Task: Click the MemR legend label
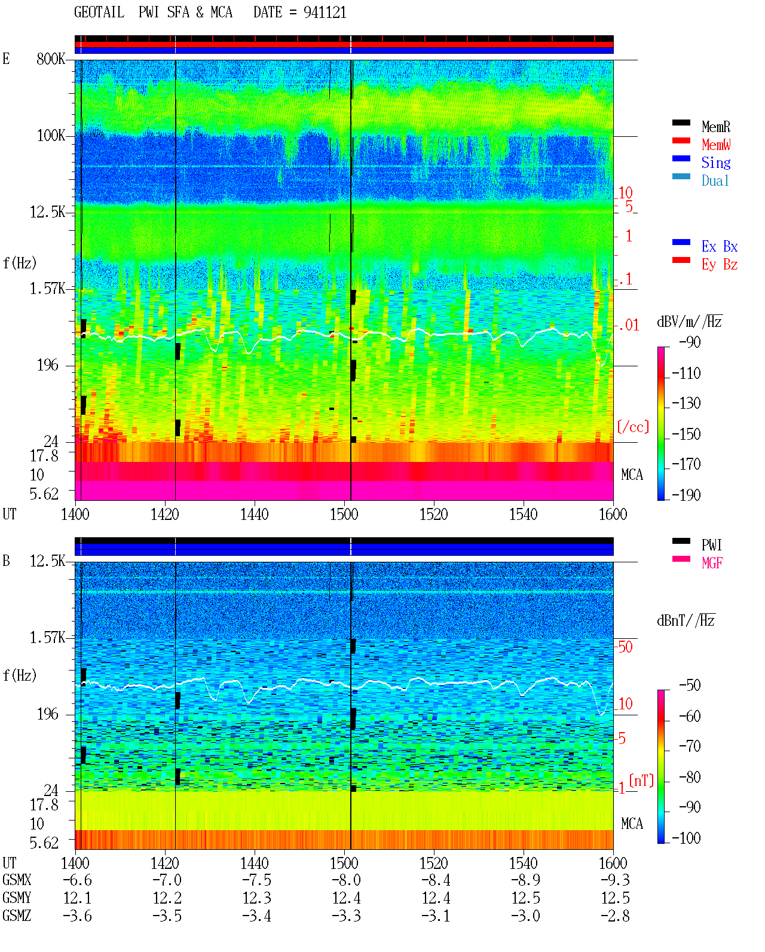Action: pos(715,127)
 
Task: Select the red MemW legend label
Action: pos(716,145)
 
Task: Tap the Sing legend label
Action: pos(715,163)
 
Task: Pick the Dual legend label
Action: pos(715,180)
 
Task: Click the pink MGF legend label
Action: pos(712,563)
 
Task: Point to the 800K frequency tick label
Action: pos(51,59)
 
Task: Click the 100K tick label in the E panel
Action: pos(51,136)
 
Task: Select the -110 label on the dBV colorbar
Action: pos(686,374)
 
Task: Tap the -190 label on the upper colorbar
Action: pos(686,495)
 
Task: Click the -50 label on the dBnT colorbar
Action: pos(690,685)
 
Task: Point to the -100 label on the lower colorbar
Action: pos(686,838)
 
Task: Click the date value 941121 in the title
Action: pos(325,13)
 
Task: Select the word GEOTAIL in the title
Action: pos(99,13)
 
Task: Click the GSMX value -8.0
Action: pos(347,880)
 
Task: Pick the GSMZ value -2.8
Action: pos(615,916)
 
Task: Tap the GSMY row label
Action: pos(17,898)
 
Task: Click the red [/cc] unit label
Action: pos(633,427)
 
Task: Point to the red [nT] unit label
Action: pos(641,780)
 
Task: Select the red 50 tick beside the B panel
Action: pos(625,647)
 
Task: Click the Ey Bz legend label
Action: pos(720,265)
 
